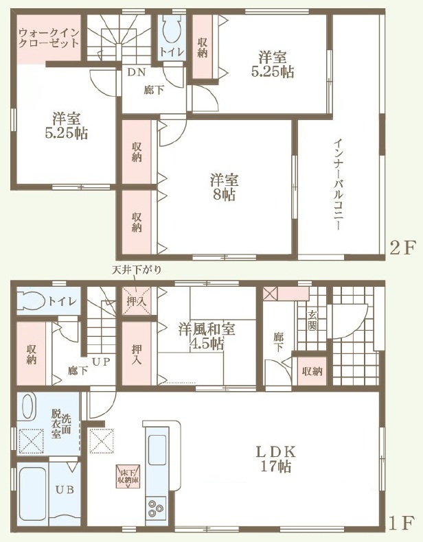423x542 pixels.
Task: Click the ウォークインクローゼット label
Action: tap(49, 38)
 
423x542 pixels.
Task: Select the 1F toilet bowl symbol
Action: tap(31, 301)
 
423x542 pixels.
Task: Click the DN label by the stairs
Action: tap(137, 72)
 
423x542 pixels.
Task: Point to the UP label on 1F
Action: tap(101, 362)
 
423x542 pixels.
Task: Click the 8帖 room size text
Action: tap(224, 195)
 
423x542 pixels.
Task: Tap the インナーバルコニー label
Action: tap(339, 185)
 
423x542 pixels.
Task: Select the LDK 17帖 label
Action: tap(275, 459)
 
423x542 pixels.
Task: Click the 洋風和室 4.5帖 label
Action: tap(207, 336)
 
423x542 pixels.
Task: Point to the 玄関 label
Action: tap(312, 320)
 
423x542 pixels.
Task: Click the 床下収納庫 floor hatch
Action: tap(128, 476)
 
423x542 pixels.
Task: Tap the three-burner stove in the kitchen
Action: tap(156, 508)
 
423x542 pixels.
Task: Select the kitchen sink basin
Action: tap(157, 449)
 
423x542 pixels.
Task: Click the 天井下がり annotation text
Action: tap(136, 270)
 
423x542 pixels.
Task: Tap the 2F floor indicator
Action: tap(402, 248)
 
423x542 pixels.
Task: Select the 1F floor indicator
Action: tap(402, 523)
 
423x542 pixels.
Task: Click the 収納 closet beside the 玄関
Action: tap(312, 371)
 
